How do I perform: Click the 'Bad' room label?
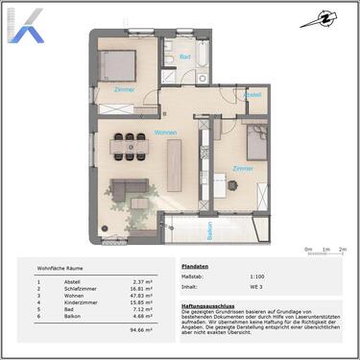[184, 58]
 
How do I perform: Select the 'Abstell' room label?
[252, 95]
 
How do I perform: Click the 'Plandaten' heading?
[195, 266]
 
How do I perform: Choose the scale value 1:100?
[258, 276]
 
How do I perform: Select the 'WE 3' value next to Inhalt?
[256, 285]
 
